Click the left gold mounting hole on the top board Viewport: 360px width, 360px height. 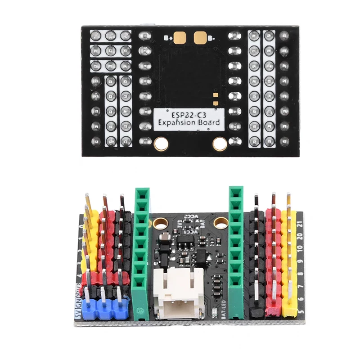pyautogui.click(x=160, y=144)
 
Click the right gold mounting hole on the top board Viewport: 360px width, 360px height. pyautogui.click(x=220, y=144)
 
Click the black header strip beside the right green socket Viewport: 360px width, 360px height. pyautogui.click(x=256, y=261)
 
